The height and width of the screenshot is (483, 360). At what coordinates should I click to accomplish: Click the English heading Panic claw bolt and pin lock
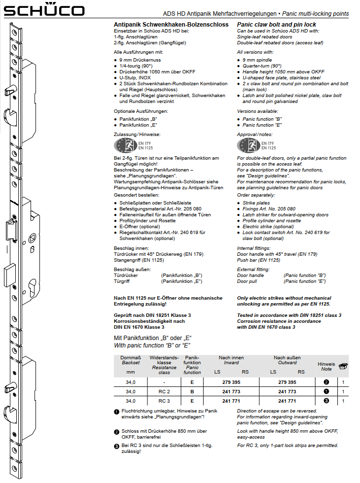click(x=277, y=25)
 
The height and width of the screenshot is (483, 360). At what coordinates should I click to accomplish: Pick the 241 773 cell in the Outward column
click(x=287, y=391)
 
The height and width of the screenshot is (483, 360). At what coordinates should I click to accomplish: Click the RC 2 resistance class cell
click(x=164, y=391)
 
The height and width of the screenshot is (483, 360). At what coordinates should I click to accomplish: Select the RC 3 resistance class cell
click(x=164, y=401)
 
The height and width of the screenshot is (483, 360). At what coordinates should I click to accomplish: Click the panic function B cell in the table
click(x=192, y=391)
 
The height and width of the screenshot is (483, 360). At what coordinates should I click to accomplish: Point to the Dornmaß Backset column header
click(x=131, y=364)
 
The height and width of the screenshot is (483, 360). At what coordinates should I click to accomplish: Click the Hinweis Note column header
click(x=326, y=366)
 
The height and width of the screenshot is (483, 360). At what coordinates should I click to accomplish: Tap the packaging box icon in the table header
click(x=344, y=366)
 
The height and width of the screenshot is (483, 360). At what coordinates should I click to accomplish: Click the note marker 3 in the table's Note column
click(x=326, y=401)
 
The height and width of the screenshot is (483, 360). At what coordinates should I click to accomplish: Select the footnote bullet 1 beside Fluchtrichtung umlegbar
click(x=116, y=412)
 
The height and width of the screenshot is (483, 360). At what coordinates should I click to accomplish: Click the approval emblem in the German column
click(x=125, y=145)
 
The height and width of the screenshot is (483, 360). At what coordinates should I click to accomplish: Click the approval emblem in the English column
click(x=249, y=145)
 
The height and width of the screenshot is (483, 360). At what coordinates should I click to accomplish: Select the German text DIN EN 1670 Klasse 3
click(x=139, y=327)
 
